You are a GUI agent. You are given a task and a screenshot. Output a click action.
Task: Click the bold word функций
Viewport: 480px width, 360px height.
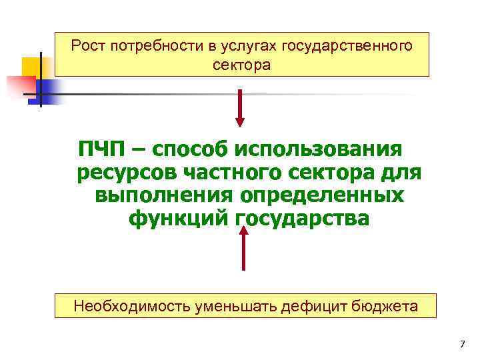point(177,219)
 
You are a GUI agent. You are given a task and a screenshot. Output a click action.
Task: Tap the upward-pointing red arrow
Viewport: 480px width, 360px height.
point(243,247)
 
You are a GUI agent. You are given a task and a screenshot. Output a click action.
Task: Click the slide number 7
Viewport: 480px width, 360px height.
point(461,344)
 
